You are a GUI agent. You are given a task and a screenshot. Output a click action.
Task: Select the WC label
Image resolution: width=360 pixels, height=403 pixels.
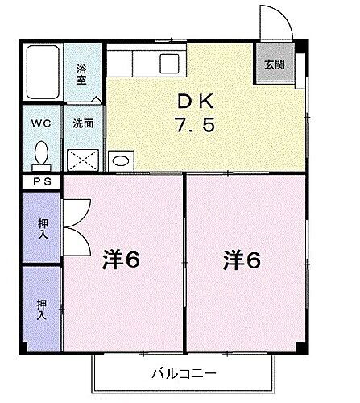pos(42,125)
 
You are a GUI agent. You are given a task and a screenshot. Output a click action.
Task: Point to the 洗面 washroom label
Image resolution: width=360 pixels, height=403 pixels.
pos(83,124)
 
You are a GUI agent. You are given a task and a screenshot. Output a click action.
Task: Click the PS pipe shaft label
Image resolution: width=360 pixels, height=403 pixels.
pos(41,181)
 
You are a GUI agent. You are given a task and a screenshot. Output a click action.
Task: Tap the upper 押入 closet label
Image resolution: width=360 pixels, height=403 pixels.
pos(42,227)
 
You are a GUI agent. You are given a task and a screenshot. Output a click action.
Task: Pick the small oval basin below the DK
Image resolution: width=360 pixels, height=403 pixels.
pos(121,160)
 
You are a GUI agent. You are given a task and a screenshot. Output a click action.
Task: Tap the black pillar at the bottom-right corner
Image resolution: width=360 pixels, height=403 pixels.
pos(302,346)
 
